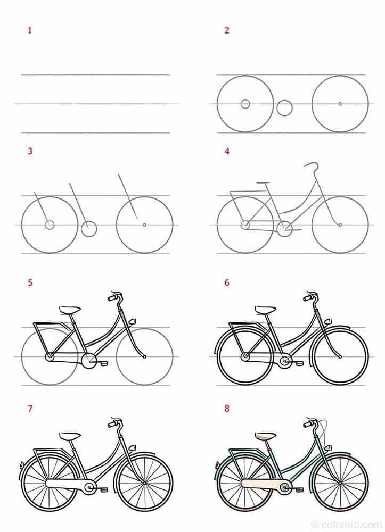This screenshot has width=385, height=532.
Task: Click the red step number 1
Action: (x=30, y=30)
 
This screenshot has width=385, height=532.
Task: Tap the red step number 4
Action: (x=227, y=152)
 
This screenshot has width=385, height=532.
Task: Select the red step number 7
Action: (x=30, y=409)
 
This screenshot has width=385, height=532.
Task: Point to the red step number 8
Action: (x=227, y=409)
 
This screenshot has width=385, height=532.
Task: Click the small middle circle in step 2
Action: (x=284, y=108)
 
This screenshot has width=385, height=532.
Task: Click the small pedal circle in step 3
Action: (x=89, y=229)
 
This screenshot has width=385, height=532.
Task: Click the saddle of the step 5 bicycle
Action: (x=70, y=310)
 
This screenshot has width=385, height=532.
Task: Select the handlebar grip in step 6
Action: (x=309, y=298)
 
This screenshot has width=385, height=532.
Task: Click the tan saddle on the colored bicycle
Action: (x=266, y=436)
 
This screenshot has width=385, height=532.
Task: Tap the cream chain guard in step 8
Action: (x=261, y=484)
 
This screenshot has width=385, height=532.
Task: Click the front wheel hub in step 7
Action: (x=144, y=483)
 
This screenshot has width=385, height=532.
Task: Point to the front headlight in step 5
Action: (x=133, y=321)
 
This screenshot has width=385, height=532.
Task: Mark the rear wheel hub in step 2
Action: (x=245, y=104)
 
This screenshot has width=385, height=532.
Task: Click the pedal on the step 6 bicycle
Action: (x=300, y=363)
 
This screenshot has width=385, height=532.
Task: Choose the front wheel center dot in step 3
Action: (x=144, y=225)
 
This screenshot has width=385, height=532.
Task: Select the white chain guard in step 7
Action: (x=67, y=484)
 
